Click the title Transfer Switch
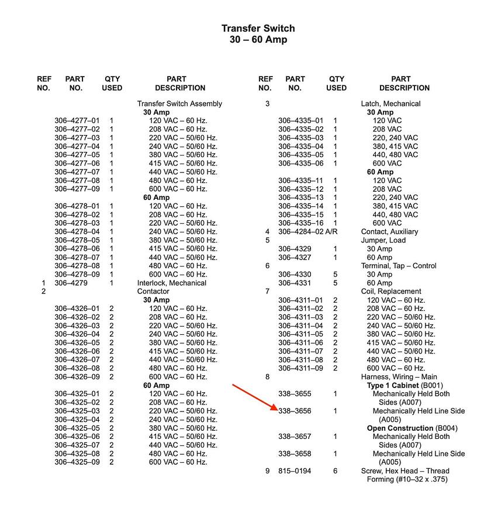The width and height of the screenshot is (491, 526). click(258, 28)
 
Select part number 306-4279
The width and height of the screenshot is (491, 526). click(71, 283)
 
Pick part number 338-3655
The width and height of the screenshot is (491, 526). click(295, 394)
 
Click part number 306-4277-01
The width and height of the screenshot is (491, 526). click(77, 121)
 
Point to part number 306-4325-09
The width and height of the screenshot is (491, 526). click(77, 462)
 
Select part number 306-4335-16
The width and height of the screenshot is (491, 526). click(300, 223)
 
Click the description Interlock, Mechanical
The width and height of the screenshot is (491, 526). click(171, 283)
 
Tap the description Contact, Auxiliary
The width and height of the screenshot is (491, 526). click(389, 232)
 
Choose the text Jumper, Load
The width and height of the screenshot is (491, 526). click(383, 240)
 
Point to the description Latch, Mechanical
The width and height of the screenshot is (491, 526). click(390, 104)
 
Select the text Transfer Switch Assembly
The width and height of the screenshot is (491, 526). click(179, 104)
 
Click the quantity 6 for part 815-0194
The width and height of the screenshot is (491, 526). click(336, 471)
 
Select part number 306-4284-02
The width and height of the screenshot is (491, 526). click(300, 232)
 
